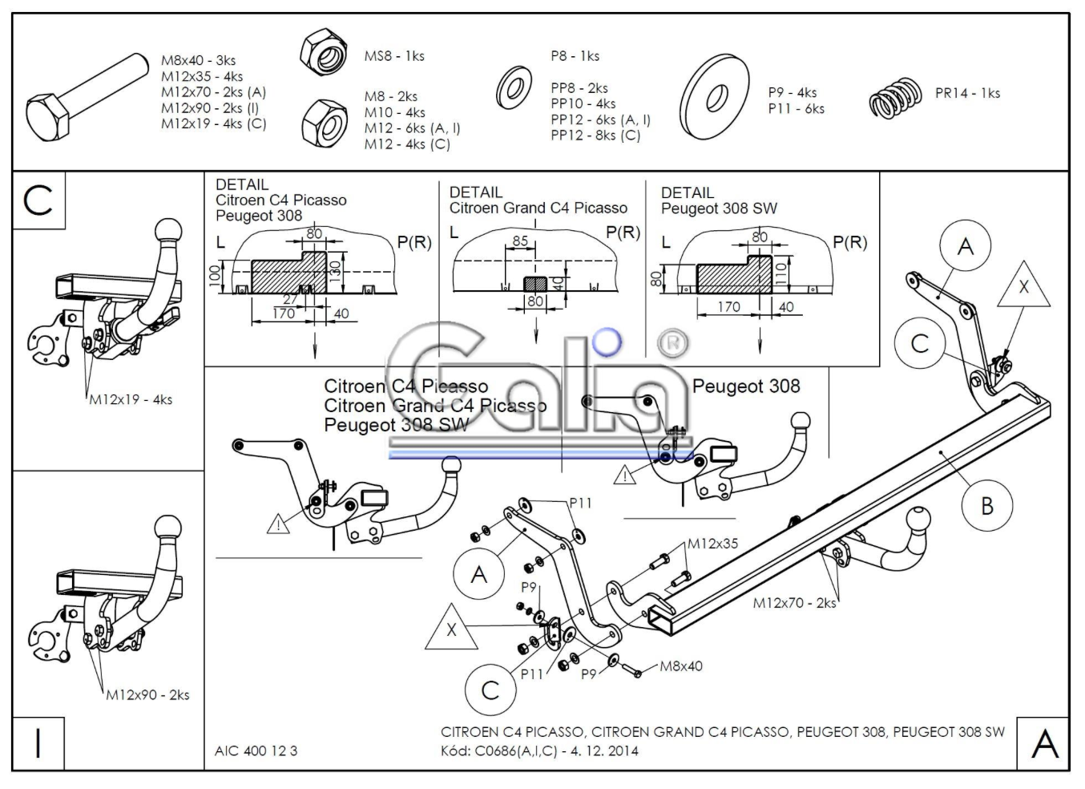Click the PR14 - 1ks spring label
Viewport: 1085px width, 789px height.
pos(967,93)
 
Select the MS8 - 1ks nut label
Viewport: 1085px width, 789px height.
pos(394,56)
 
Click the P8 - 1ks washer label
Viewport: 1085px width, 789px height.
pos(575,56)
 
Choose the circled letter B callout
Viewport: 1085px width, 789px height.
pos(986,506)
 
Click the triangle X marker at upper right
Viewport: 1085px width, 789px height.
pos(1023,288)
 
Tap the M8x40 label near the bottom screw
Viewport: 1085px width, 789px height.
pos(681,666)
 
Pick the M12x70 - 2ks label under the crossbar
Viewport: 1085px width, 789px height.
pos(794,603)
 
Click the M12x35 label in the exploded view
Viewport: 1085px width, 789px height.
pos(713,544)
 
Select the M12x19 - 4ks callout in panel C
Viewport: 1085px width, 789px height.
pos(131,399)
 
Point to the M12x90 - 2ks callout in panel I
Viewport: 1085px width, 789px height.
pos(148,695)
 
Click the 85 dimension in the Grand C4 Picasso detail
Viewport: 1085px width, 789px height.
pos(520,241)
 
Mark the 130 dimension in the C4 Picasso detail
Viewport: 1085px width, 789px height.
pos(335,269)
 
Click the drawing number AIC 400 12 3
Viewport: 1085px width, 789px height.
pos(256,751)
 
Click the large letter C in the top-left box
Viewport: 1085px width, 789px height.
pos(38,200)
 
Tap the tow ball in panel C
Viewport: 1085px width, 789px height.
pos(168,232)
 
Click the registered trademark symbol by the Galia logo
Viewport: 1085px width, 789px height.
pos(672,342)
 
